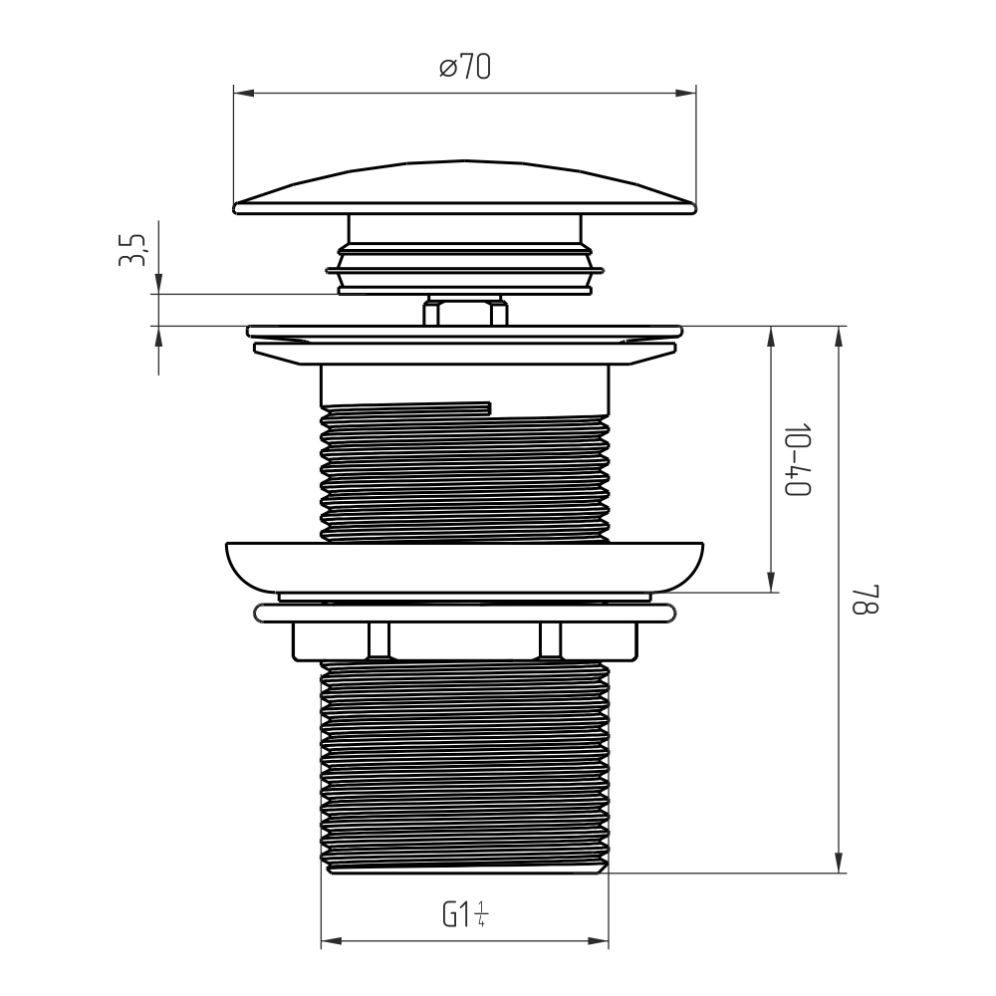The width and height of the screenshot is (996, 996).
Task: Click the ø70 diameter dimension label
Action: [465, 67]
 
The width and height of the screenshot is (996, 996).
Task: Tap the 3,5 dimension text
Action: [132, 250]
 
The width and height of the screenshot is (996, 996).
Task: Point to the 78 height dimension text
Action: [865, 600]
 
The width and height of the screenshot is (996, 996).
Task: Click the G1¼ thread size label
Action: [465, 914]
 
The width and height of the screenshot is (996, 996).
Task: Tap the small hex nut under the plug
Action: [465, 311]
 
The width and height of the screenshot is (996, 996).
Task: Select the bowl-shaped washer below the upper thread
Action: [464, 568]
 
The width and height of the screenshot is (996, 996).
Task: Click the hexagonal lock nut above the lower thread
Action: [465, 641]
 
